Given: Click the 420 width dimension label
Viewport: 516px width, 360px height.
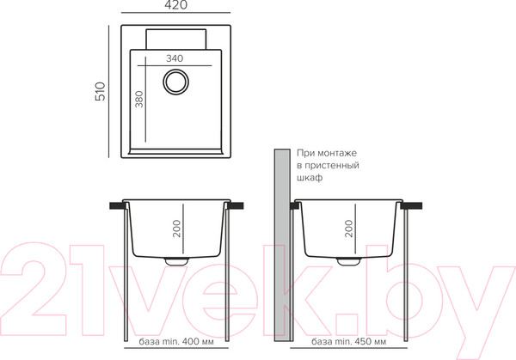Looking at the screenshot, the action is (175, 5).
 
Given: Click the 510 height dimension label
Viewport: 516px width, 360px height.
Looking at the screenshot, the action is (100, 91).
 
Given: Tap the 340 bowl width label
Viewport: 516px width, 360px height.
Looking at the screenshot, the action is (175, 58).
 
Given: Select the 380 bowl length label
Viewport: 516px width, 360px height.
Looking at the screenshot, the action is (139, 100).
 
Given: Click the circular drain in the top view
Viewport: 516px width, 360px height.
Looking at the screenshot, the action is (175, 81).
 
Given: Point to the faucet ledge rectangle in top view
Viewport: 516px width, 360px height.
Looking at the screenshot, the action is (176, 40).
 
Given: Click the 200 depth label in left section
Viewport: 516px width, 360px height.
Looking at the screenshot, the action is (176, 229).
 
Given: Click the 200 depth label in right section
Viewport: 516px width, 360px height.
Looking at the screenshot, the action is (349, 229).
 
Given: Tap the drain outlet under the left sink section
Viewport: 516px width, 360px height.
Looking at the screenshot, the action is (176, 261).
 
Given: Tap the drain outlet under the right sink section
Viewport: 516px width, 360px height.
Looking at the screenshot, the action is (348, 261).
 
